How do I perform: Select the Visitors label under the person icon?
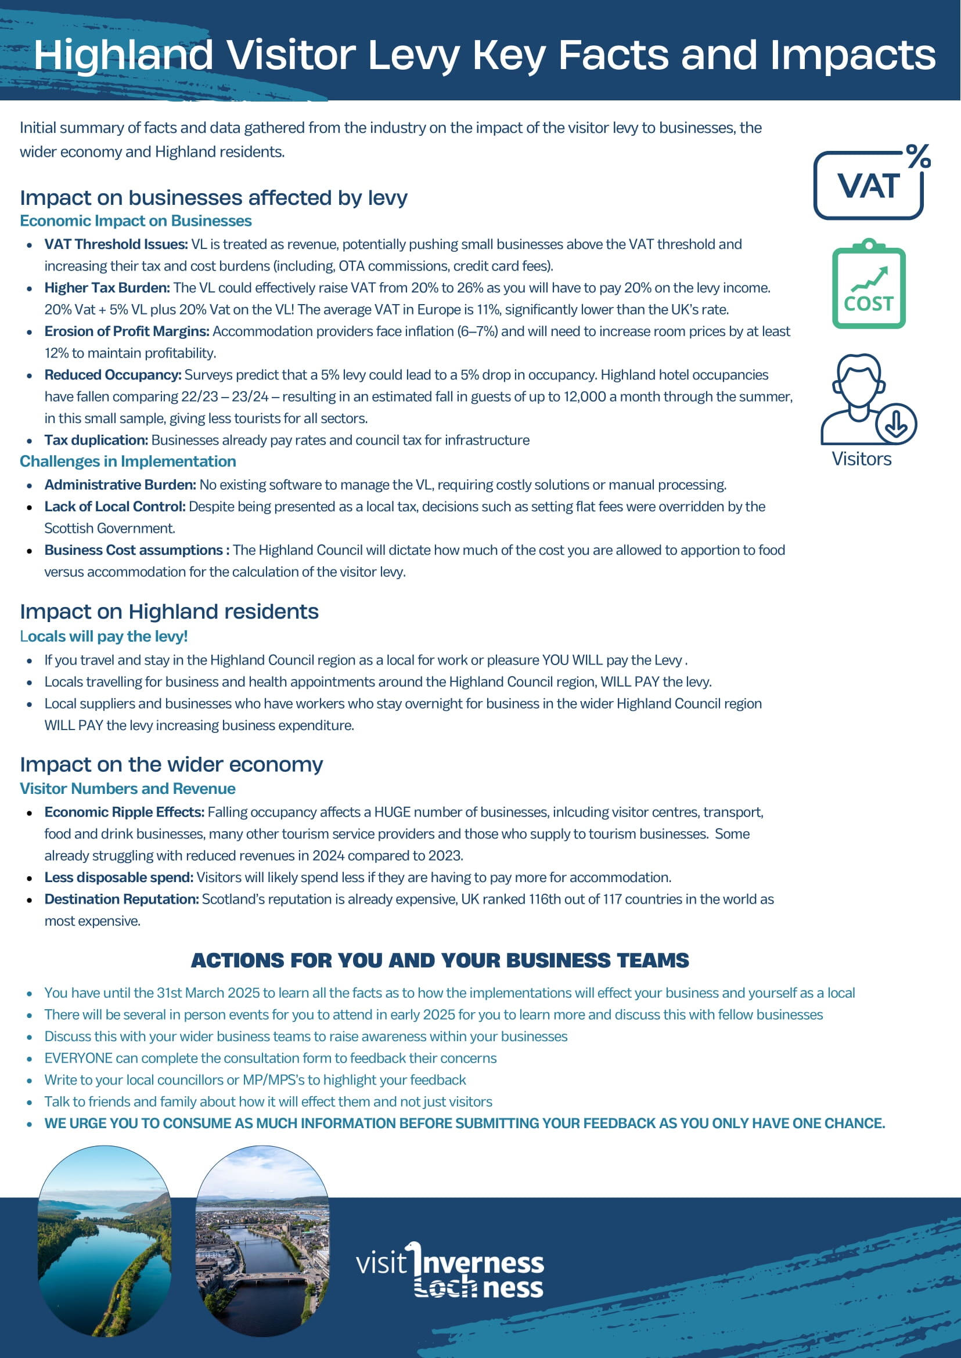tap(861, 459)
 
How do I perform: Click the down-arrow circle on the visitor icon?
tap(896, 424)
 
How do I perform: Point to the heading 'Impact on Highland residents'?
tap(169, 611)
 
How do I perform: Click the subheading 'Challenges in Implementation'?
tap(128, 461)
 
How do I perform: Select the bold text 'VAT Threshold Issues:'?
tap(116, 244)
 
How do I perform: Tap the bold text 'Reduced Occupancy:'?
tap(113, 375)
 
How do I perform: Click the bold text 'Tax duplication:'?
tap(96, 440)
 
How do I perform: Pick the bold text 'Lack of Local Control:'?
tap(115, 507)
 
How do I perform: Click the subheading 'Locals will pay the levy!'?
tap(103, 637)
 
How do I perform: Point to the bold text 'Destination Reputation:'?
tap(121, 899)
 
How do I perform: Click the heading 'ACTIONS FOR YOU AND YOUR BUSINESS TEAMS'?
tap(440, 960)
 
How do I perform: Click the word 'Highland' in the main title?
tap(123, 55)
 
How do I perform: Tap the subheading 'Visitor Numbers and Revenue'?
tap(127, 789)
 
